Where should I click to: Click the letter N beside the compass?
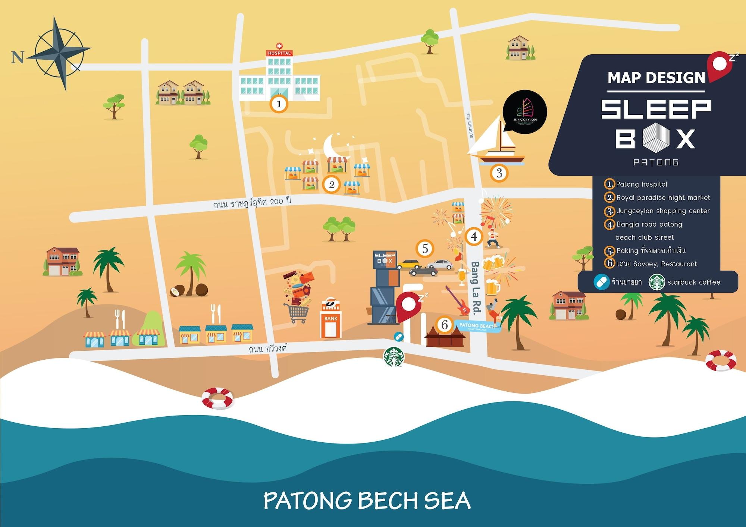pyautogui.click(x=18, y=57)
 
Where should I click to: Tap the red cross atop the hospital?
pyautogui.click(x=279, y=46)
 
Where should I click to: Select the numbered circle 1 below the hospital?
pyautogui.click(x=279, y=104)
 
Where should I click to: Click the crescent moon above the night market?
pyautogui.click(x=334, y=146)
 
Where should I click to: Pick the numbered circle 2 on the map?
pyautogui.click(x=331, y=184)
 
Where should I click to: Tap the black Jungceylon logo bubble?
pyautogui.click(x=525, y=112)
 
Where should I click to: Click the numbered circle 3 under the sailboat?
pyautogui.click(x=499, y=173)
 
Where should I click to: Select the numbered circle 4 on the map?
pyautogui.click(x=474, y=236)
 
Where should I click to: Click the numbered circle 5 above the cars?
pyautogui.click(x=425, y=249)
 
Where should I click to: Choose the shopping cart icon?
pyautogui.click(x=297, y=313)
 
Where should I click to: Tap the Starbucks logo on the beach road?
pyautogui.click(x=394, y=357)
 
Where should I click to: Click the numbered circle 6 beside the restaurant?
pyautogui.click(x=444, y=325)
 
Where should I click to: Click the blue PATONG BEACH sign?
pyautogui.click(x=477, y=326)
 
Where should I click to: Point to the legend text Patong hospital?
pyautogui.click(x=642, y=184)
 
